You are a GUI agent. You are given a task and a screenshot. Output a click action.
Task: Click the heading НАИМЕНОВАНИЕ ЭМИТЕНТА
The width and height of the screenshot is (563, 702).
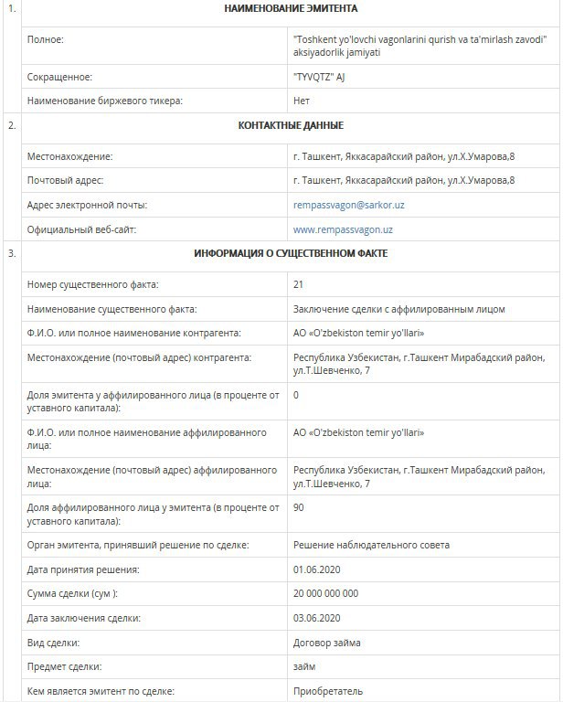(291, 9)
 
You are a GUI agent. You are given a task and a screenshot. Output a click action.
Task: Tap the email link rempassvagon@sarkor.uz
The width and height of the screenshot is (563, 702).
(348, 205)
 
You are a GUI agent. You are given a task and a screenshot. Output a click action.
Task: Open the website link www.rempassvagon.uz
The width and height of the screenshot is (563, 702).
(343, 229)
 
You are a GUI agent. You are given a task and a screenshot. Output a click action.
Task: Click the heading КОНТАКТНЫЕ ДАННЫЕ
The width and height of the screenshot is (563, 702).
(291, 126)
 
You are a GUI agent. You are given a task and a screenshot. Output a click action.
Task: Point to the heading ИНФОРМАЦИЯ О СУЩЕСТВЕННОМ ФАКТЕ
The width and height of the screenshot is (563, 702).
(291, 253)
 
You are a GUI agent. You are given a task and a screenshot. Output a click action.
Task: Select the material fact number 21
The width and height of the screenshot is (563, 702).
(298, 285)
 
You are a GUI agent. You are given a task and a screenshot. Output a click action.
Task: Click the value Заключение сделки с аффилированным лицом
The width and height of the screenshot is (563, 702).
(398, 310)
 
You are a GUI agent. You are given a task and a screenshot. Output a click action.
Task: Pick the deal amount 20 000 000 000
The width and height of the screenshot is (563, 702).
(325, 593)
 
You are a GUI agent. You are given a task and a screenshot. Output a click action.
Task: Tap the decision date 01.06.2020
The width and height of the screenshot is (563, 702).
(316, 569)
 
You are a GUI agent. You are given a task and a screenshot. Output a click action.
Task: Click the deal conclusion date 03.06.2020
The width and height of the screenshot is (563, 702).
(316, 618)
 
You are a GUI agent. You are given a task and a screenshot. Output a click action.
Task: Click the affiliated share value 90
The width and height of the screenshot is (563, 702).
(298, 507)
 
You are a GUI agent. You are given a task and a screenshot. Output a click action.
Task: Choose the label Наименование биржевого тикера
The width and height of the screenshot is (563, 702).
(105, 101)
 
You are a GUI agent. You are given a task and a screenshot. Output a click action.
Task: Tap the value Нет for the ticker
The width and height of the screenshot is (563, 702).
(302, 101)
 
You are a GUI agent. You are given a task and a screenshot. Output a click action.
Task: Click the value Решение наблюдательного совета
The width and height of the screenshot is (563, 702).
(371, 546)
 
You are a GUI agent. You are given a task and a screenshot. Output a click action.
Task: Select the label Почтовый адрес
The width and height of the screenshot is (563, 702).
(65, 181)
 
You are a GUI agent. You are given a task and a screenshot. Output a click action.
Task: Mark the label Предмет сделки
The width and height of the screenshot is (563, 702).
(65, 667)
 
